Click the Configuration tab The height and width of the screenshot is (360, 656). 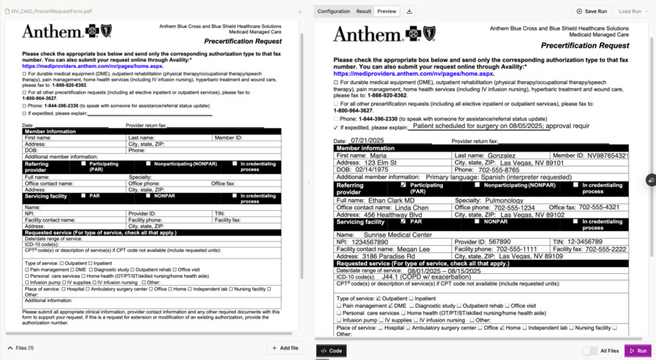point(333,12)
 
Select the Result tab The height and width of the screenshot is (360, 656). point(363,12)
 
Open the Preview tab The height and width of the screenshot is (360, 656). point(387,12)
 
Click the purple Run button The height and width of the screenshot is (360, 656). point(639,351)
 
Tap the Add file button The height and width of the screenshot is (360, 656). point(284,348)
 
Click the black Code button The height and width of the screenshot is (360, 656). point(332,351)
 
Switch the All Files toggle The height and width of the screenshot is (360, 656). point(590,351)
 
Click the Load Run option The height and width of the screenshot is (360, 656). point(629,12)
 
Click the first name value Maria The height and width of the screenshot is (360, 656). point(378,155)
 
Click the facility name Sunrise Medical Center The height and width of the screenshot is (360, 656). point(397,234)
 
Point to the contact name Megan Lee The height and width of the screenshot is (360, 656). point(413,249)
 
